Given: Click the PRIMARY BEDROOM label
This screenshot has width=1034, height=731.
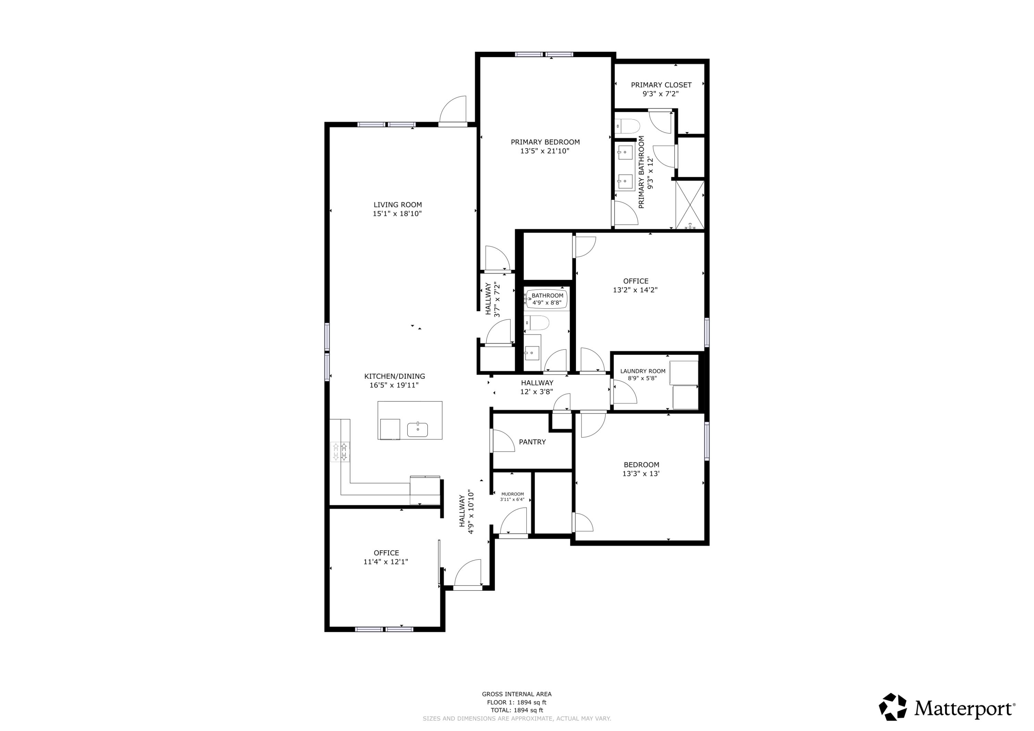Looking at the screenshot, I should pyautogui.click(x=545, y=142).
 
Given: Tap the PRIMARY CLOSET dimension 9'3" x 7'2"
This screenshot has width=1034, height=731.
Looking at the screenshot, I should pyautogui.click(x=660, y=94).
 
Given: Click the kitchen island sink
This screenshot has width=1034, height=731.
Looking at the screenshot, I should pyautogui.click(x=417, y=430).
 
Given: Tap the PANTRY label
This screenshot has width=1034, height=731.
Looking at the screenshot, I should pyautogui.click(x=532, y=442).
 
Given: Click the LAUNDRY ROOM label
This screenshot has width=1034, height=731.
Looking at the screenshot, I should pyautogui.click(x=643, y=372).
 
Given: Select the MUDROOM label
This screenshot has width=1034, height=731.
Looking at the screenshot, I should pyautogui.click(x=513, y=494).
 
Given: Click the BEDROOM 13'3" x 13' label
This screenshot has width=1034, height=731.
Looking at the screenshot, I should pyautogui.click(x=641, y=465).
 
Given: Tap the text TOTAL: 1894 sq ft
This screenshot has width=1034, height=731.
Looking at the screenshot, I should pyautogui.click(x=517, y=710).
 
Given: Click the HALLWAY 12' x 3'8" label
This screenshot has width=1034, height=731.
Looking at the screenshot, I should pyautogui.click(x=537, y=383).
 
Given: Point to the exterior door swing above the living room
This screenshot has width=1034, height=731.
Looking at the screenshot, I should pyautogui.click(x=453, y=110).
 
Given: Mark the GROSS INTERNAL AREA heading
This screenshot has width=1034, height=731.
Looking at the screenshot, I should pyautogui.click(x=517, y=694).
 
